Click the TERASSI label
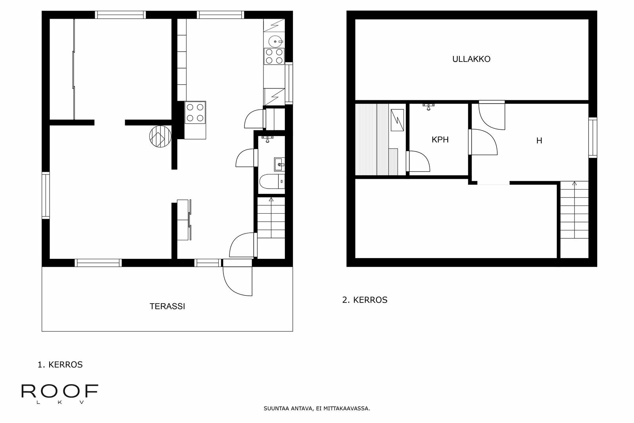point(167,306)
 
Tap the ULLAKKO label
point(471,59)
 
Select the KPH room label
point(440,140)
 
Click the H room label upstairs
point(539,141)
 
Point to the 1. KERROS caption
point(60,365)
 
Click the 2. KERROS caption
point(365,300)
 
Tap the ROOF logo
point(59,392)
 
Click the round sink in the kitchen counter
point(275,40)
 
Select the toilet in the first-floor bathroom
point(271,182)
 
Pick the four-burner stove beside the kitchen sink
point(274,56)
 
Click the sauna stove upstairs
point(397,120)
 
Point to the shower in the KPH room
point(428,106)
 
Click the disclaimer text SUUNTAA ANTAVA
point(317,408)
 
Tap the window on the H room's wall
point(592,138)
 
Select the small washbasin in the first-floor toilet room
point(279,164)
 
